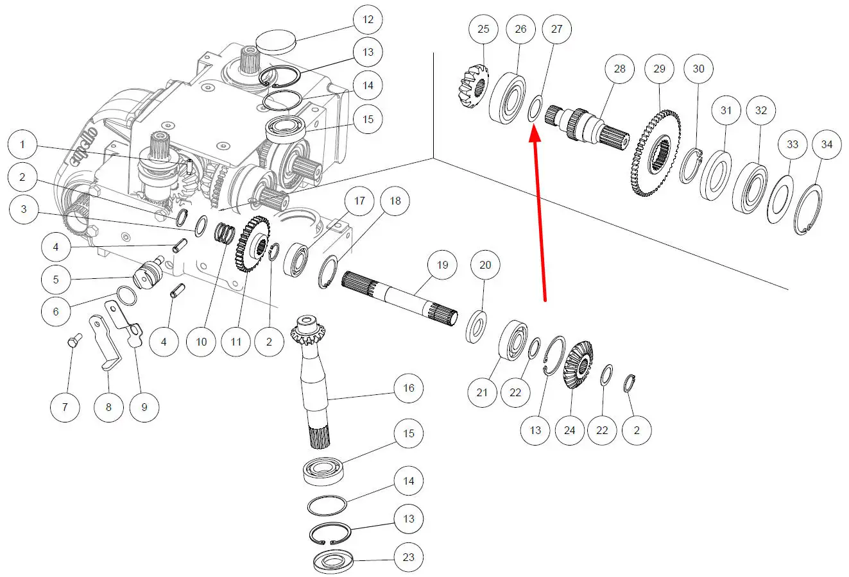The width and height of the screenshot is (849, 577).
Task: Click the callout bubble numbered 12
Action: [x=368, y=19]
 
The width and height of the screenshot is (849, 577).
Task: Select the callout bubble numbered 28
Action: [x=619, y=69]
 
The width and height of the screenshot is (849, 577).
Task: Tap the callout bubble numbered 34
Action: [x=827, y=144]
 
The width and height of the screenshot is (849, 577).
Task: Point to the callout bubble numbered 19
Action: [x=442, y=265]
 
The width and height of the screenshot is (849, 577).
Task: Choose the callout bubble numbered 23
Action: [x=409, y=557]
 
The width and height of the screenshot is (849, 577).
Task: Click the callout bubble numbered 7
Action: [x=65, y=407]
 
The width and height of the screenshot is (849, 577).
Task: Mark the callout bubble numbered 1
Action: [x=22, y=145]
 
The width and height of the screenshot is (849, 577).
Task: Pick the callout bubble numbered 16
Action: [x=409, y=388]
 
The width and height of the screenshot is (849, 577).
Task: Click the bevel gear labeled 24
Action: [x=578, y=365]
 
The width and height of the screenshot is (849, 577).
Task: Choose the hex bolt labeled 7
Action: [x=72, y=340]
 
